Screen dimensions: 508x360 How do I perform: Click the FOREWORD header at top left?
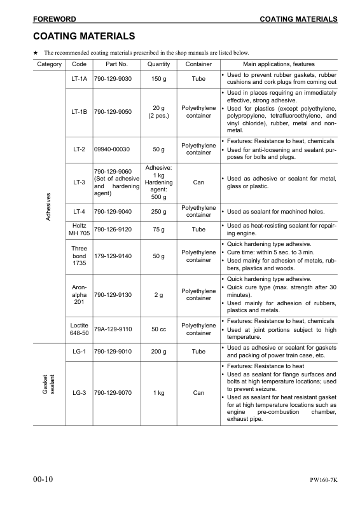55,20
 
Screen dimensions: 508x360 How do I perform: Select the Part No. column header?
112,64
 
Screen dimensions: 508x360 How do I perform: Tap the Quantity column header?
158,64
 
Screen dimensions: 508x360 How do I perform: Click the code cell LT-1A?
80,79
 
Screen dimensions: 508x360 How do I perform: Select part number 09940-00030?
111,149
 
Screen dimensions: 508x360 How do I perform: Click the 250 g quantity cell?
158,211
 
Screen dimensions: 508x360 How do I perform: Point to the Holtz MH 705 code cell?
80,229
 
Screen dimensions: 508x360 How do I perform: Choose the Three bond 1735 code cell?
80,256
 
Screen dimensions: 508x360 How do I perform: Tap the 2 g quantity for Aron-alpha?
158,294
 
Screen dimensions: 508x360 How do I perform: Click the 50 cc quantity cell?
158,329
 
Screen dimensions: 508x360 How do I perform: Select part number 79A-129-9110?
113,329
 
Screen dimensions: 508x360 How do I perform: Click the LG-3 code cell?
80,393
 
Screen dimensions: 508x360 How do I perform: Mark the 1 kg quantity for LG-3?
158,393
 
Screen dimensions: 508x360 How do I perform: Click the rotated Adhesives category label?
49,206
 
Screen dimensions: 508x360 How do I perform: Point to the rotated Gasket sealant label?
49,383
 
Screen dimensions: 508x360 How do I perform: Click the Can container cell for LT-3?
198,182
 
